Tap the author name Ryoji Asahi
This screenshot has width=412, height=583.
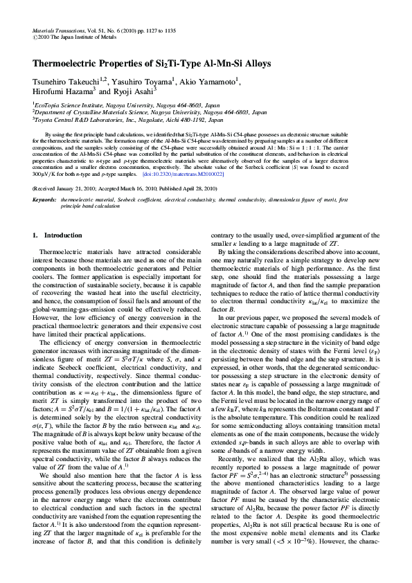point(139,91)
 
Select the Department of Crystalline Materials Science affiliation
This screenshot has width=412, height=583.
point(150,111)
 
